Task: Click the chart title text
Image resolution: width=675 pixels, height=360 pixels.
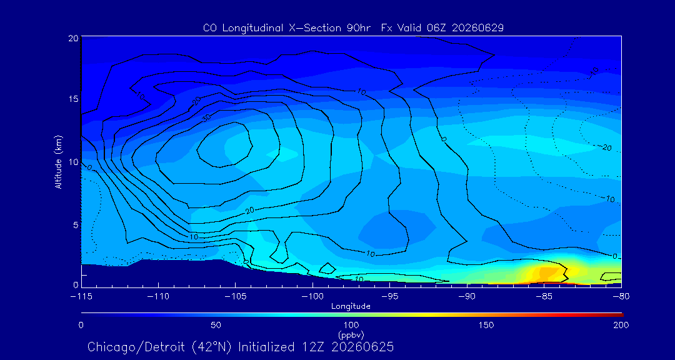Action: coord(353,28)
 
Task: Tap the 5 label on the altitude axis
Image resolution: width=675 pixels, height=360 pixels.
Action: coord(75,225)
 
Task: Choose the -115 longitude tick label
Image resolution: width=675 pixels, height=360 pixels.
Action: coord(81,297)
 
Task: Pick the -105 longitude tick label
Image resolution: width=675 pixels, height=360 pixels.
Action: coord(235,297)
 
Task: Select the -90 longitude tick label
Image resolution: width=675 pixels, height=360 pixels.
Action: coord(467,297)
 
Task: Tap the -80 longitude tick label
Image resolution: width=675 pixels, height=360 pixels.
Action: coord(621,297)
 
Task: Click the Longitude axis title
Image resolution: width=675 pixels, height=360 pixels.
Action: coord(351,307)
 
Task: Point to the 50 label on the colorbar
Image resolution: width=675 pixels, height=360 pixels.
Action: coord(216,325)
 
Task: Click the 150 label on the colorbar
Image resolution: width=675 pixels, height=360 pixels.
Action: coord(486,325)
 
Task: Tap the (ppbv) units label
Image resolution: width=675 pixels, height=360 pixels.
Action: coord(351,334)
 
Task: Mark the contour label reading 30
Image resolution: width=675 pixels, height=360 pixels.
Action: coord(207,117)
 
